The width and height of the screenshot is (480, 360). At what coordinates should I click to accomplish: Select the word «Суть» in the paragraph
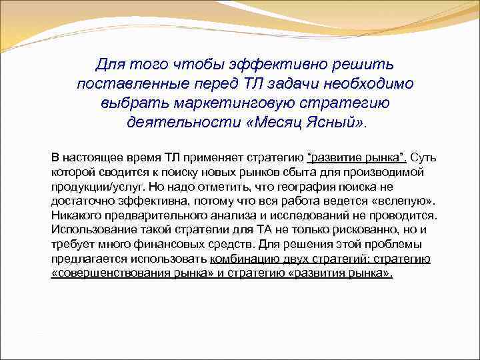click(423, 158)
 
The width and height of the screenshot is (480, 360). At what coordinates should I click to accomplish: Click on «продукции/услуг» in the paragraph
click(91, 187)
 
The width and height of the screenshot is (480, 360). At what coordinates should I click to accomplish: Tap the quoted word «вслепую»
click(407, 201)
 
